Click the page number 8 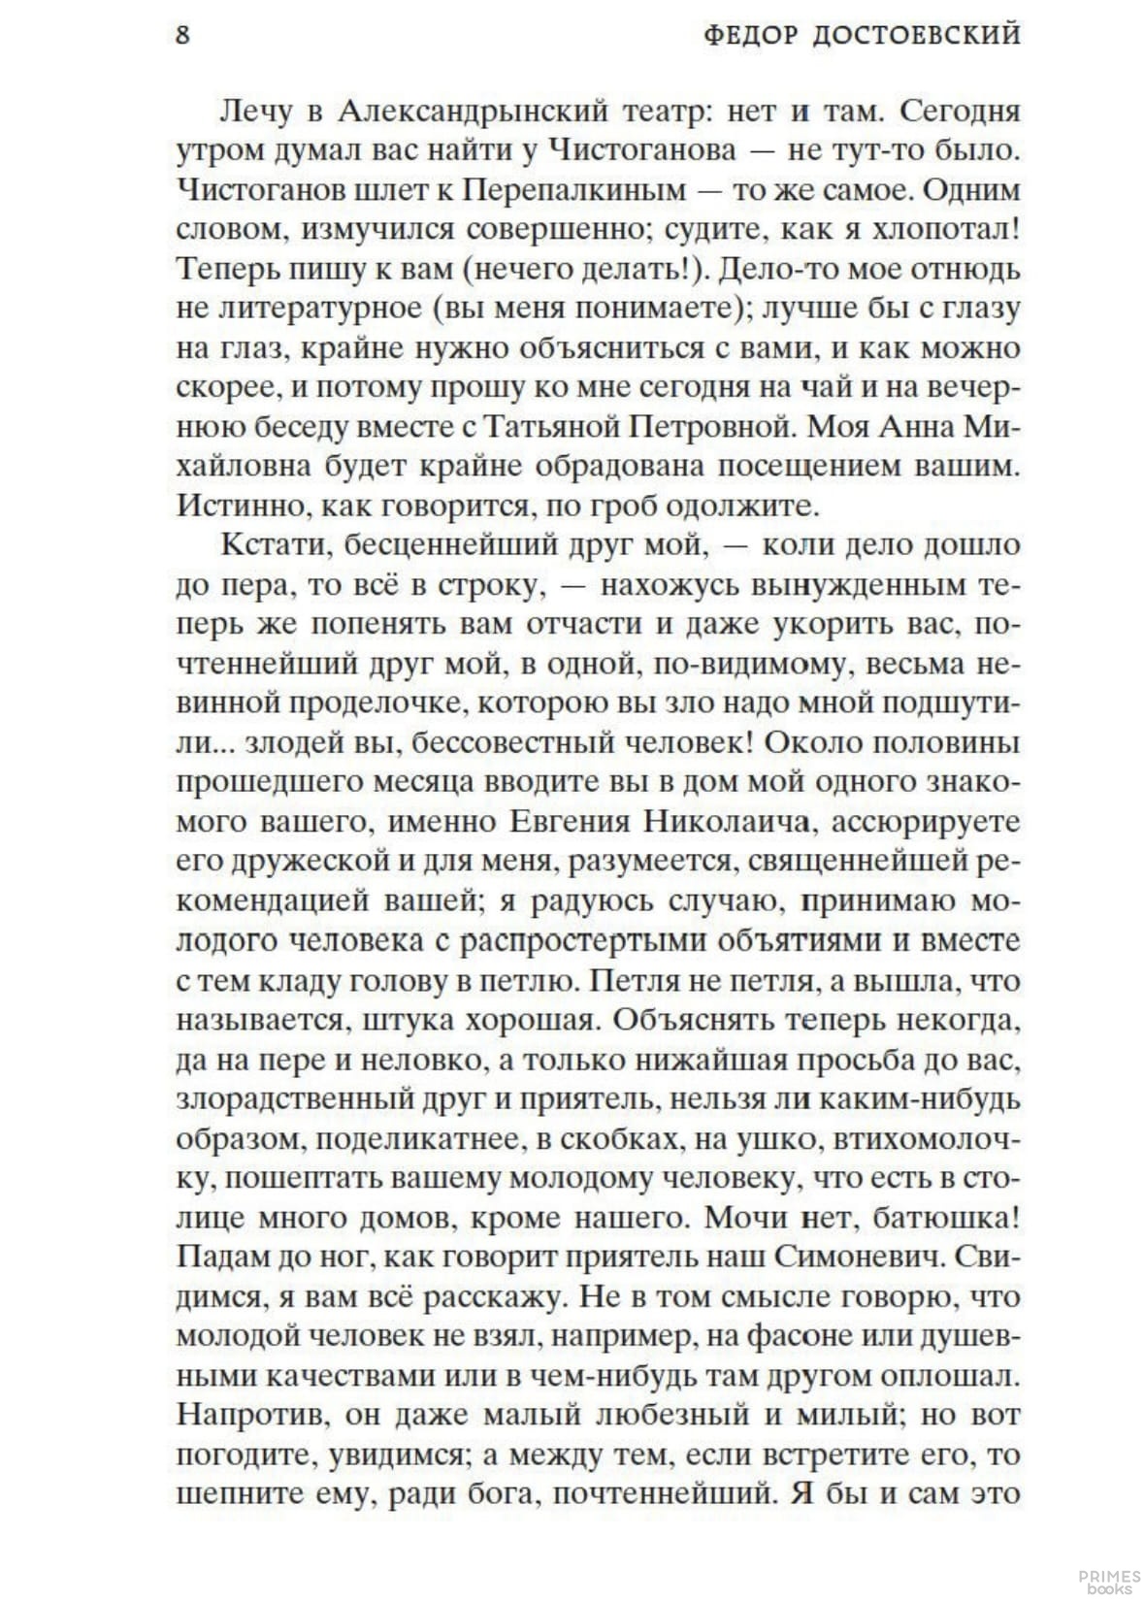[182, 36]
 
